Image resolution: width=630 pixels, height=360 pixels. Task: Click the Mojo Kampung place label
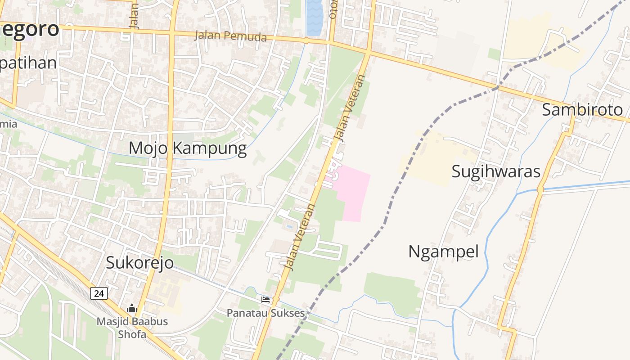[188, 148]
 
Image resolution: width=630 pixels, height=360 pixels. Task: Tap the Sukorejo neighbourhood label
[139, 263]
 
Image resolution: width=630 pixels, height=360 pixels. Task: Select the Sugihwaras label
[495, 171]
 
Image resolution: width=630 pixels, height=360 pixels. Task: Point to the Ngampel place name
[443, 252]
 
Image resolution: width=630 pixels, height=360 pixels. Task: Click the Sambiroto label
[582, 109]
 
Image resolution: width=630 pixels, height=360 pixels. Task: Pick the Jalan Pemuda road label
[230, 36]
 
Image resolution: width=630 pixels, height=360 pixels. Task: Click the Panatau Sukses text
[265, 313]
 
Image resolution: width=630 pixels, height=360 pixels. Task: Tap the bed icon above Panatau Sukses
[265, 299]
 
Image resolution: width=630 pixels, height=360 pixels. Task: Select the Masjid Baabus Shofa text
[132, 328]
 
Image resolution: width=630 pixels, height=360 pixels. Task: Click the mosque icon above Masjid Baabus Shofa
[132, 309]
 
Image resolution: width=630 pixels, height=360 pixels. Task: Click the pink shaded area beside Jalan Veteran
[354, 191]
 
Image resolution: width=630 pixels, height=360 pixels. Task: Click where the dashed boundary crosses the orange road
[498, 86]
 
